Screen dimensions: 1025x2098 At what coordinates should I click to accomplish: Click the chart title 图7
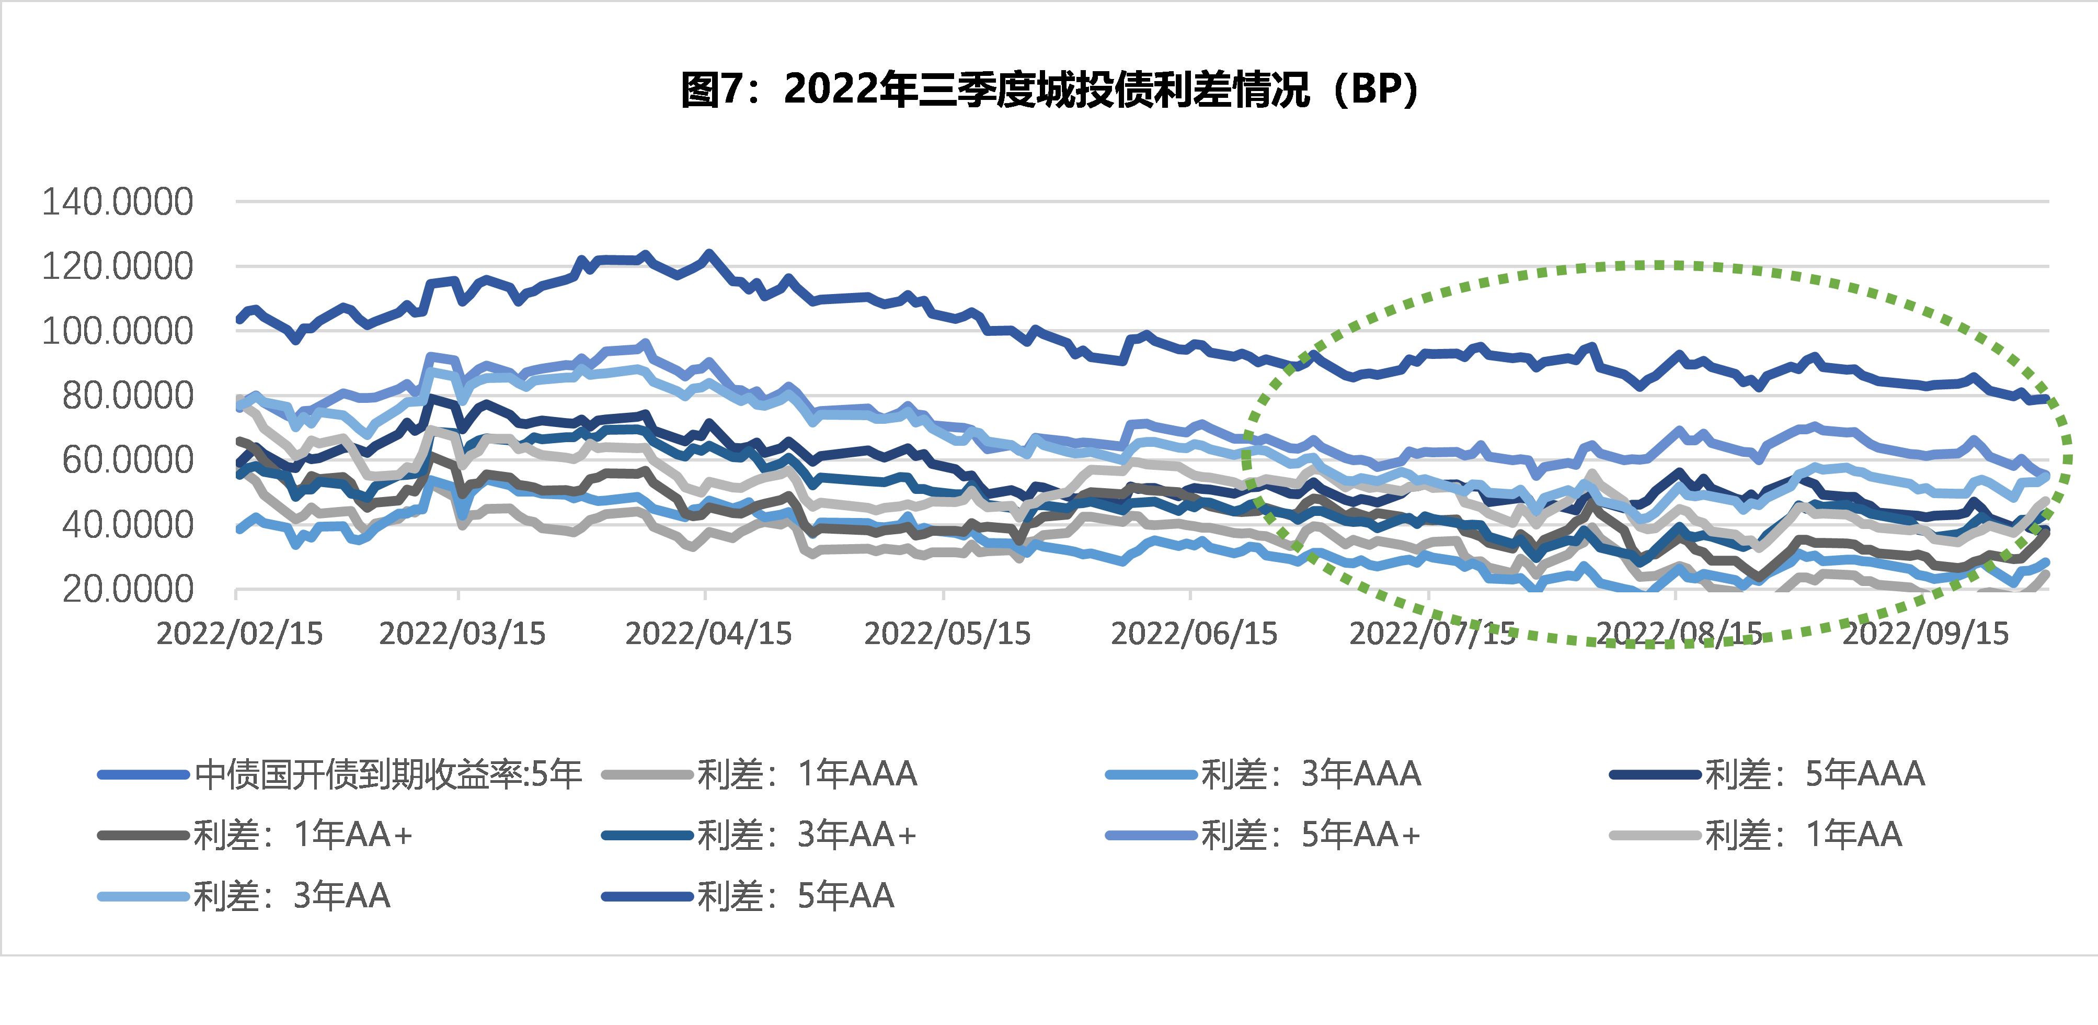[x=1049, y=89]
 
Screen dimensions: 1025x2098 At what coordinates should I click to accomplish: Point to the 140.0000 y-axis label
[x=117, y=202]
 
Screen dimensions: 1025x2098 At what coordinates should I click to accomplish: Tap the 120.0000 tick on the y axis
[x=117, y=266]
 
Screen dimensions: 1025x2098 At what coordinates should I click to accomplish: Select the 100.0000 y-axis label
[x=117, y=331]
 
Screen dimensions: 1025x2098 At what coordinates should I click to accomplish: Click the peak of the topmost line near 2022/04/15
[x=708, y=254]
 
